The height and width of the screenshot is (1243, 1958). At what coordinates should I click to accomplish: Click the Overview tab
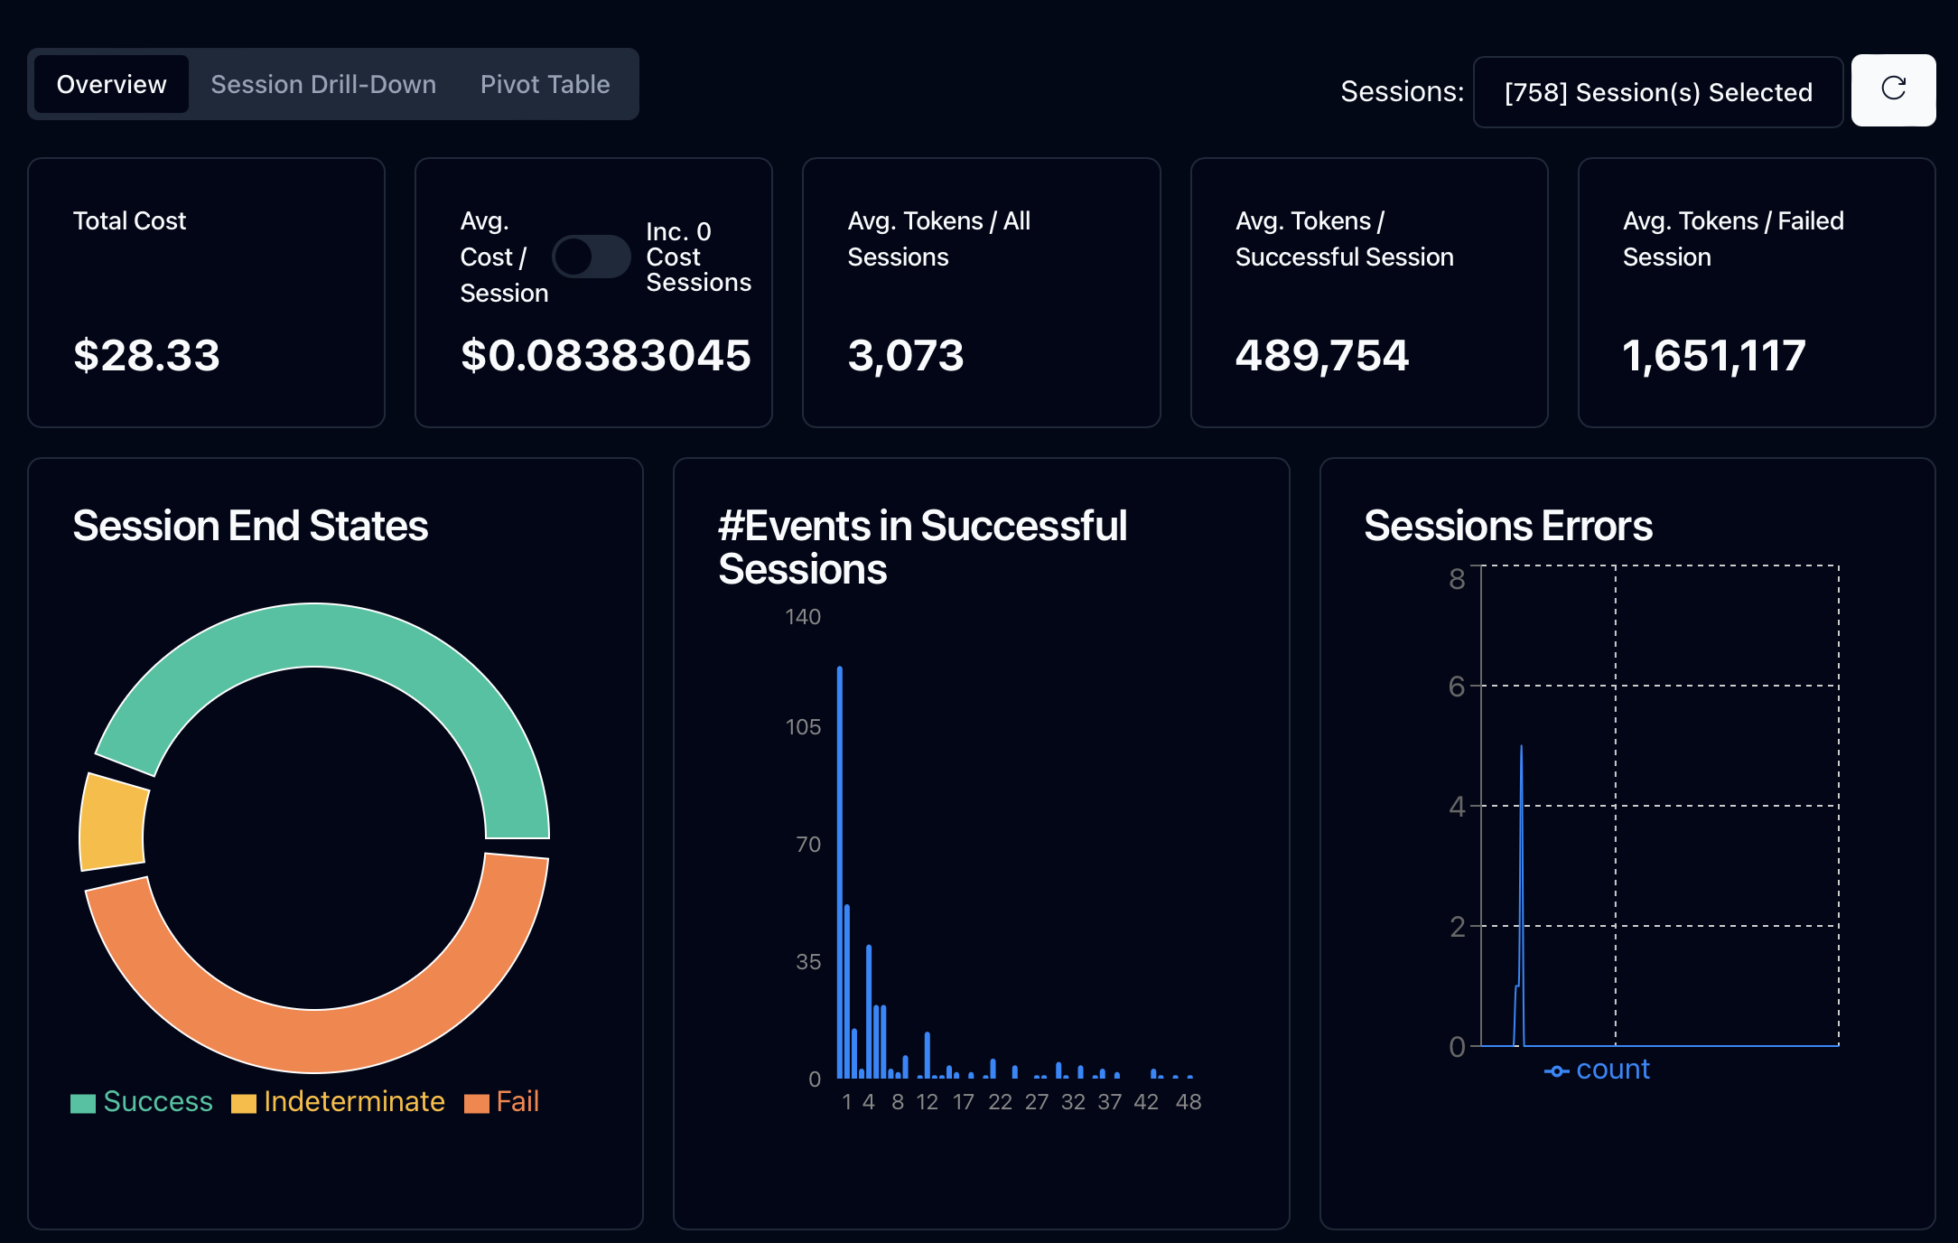coord(111,85)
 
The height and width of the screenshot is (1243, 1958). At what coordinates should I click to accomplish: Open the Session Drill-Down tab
coord(323,85)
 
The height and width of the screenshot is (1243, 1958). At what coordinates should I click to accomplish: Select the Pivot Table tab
coord(545,85)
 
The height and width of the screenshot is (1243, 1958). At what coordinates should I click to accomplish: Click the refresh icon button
coord(1893,89)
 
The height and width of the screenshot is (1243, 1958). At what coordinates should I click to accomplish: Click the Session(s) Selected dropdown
coord(1657,92)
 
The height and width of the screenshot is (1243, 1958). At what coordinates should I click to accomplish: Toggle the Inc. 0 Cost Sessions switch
coord(591,257)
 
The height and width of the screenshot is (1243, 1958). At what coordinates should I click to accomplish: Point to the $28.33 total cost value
coord(146,355)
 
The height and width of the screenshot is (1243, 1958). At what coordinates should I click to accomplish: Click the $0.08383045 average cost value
coord(605,355)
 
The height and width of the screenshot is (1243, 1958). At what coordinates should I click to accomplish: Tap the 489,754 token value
coord(1321,355)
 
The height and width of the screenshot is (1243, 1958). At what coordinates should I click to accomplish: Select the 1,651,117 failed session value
coord(1713,355)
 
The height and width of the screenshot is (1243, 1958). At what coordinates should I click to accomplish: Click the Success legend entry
coord(143,1102)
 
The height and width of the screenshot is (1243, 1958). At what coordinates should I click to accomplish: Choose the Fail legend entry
coord(502,1102)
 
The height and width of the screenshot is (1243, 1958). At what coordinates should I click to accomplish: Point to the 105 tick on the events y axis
coord(803,727)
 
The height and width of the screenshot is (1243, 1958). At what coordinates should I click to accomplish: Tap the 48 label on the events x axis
coord(1189,1102)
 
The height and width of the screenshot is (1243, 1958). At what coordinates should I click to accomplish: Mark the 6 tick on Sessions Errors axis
coord(1456,687)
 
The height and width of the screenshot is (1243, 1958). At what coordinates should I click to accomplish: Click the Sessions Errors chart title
coord(1507,526)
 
